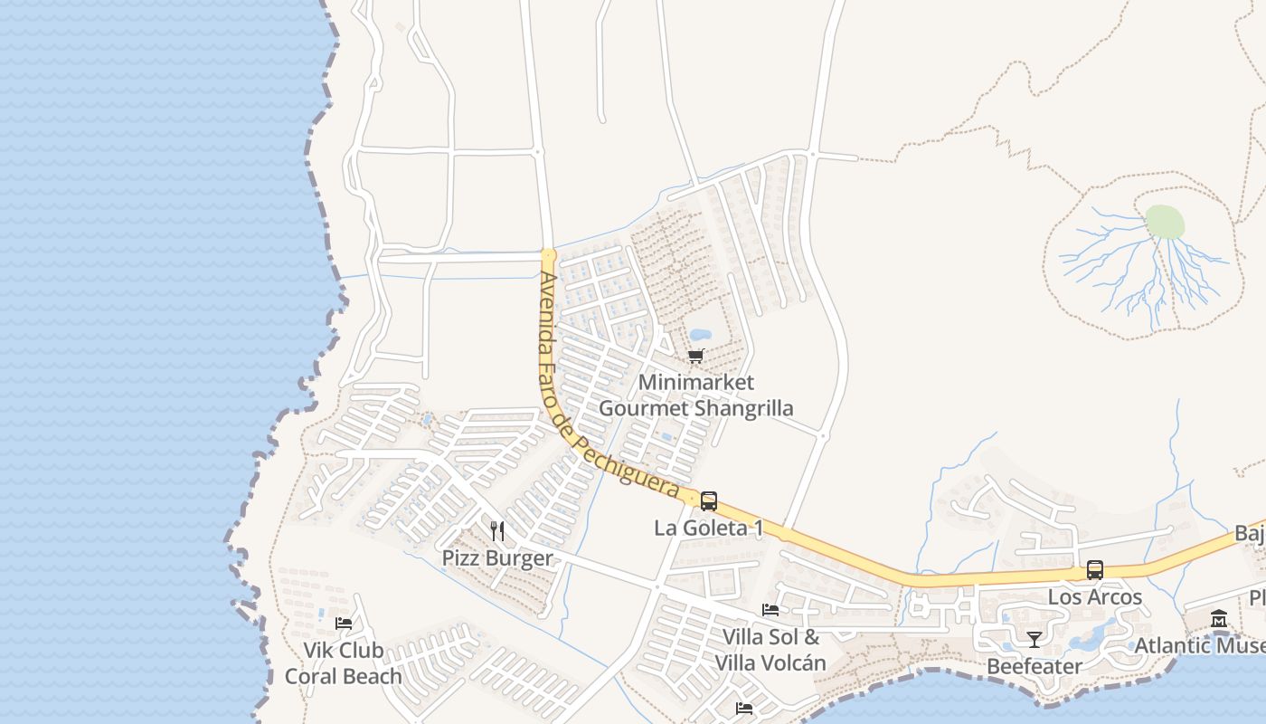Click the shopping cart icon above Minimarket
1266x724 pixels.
(x=695, y=356)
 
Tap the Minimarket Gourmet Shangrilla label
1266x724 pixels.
(x=696, y=395)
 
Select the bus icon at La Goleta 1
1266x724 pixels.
(x=709, y=500)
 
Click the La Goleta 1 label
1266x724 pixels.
(x=708, y=528)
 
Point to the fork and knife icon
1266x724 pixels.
(x=497, y=530)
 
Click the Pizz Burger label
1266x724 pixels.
(x=497, y=557)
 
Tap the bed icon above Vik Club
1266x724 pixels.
(x=344, y=623)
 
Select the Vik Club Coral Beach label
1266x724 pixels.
(x=344, y=663)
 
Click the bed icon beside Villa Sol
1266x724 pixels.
(x=770, y=610)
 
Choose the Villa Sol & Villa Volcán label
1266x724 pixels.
(x=770, y=650)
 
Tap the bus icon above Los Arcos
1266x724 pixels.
(x=1095, y=570)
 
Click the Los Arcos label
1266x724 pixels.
(x=1095, y=597)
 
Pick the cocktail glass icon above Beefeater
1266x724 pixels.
(x=1035, y=640)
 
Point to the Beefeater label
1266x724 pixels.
(x=1035, y=667)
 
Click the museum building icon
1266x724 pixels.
(x=1219, y=619)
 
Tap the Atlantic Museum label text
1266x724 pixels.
(x=1200, y=645)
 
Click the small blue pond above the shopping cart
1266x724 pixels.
(x=701, y=335)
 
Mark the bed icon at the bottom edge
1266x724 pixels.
(x=744, y=708)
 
